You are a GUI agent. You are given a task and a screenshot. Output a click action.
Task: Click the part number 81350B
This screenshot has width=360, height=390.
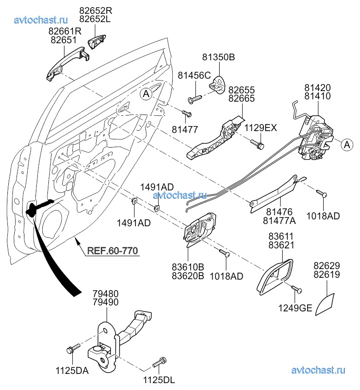click(219, 57)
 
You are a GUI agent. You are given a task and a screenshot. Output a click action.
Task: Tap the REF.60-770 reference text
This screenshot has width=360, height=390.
click(113, 251)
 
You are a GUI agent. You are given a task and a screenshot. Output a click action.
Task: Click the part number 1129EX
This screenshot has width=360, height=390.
click(261, 128)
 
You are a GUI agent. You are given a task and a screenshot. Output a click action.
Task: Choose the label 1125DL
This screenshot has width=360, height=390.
click(160, 380)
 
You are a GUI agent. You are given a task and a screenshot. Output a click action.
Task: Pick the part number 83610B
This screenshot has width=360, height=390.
click(187, 267)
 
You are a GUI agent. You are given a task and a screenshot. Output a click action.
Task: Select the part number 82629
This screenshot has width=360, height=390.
click(326, 266)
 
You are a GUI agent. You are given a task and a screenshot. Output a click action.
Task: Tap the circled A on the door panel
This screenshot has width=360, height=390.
click(145, 94)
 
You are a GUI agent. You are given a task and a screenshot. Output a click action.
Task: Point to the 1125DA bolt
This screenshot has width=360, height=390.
click(72, 350)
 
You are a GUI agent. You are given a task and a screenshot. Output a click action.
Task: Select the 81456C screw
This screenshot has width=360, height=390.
click(194, 97)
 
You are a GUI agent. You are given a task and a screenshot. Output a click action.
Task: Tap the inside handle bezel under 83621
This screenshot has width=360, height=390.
click(275, 276)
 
